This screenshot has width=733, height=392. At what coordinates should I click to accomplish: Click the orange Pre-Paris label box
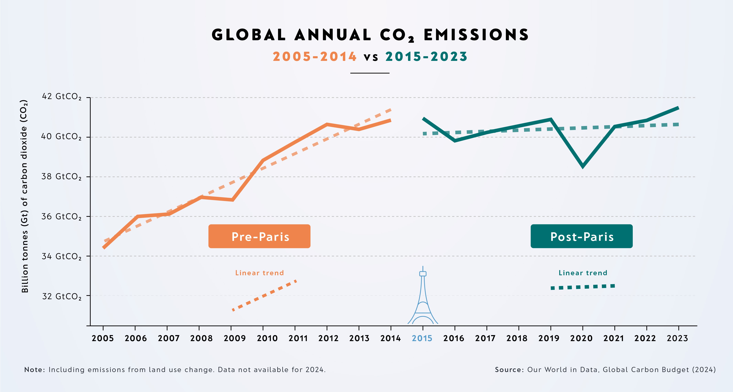tap(259, 236)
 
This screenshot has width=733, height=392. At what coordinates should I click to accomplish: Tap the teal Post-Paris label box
tap(581, 236)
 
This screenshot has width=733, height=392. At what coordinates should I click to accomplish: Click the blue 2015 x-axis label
tap(422, 338)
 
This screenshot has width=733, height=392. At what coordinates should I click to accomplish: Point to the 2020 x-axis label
tap(581, 338)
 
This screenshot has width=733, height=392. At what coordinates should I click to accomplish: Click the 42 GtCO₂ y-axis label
tap(61, 97)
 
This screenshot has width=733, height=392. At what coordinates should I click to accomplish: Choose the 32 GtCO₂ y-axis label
tap(61, 296)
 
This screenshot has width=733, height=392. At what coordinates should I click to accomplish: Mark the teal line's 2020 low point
tap(583, 166)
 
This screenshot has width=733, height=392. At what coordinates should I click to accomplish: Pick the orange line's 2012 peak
tap(327, 124)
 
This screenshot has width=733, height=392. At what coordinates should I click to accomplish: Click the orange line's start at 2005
tap(104, 247)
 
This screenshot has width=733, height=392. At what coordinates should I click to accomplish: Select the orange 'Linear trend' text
tap(259, 273)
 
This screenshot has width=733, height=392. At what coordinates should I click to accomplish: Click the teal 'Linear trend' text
tap(583, 273)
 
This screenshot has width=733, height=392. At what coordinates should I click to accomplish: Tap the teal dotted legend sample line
tap(583, 287)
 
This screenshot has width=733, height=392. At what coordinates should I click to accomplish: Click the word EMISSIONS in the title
tap(476, 35)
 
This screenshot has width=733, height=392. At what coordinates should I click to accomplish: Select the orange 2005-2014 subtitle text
tap(314, 57)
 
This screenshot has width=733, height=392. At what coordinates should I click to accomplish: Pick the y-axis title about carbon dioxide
tap(25, 196)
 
